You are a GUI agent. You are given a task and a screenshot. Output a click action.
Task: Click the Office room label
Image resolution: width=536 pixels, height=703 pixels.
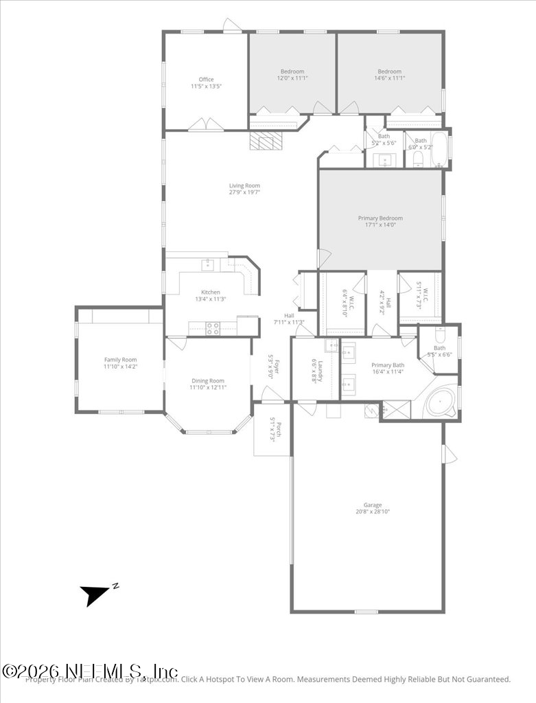[x=206, y=80]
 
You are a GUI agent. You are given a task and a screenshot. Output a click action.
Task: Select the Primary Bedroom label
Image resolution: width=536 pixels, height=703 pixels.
[x=380, y=218]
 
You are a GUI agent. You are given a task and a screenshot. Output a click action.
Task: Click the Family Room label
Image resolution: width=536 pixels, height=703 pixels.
[x=120, y=360]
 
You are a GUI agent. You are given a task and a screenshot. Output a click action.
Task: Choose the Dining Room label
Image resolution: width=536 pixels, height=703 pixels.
[x=207, y=381]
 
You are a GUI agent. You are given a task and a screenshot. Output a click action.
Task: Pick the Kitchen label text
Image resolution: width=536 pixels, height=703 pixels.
[x=210, y=292]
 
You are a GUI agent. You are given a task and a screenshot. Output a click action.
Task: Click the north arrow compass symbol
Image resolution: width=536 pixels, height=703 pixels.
[x=95, y=593]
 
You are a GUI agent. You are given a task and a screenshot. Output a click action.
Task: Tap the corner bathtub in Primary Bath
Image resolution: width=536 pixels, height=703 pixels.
[x=440, y=403]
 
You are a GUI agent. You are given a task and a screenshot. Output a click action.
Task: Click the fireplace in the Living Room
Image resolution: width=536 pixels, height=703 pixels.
[x=266, y=141]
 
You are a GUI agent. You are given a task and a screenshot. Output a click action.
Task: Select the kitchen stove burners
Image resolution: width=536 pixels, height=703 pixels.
[x=213, y=328]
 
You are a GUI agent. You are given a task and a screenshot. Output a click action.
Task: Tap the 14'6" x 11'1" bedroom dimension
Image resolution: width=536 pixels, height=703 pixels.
[x=389, y=78]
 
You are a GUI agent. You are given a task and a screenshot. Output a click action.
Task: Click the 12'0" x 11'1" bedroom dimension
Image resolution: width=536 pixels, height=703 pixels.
[x=292, y=78]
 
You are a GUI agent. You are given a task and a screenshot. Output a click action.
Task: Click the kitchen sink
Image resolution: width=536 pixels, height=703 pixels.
[x=207, y=264]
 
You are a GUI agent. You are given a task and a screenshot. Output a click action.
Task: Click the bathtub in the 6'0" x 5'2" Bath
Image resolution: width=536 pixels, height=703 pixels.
[x=439, y=150]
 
